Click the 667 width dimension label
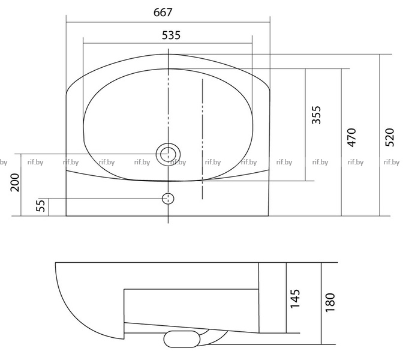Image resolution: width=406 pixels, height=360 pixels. click(x=163, y=12)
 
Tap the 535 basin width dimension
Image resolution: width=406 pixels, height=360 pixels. click(x=171, y=35)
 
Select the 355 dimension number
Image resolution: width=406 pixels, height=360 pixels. click(x=316, y=115)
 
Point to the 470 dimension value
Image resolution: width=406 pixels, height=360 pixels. click(x=351, y=137)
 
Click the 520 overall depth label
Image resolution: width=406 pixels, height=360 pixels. click(x=389, y=137)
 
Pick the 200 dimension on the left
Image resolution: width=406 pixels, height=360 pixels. click(x=15, y=182)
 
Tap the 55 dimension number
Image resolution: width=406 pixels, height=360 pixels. click(x=40, y=205)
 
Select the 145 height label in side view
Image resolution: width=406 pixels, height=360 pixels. click(x=295, y=299)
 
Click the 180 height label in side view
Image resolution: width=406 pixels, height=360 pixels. click(x=330, y=302)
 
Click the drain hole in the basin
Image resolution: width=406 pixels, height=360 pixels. click(x=168, y=155)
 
